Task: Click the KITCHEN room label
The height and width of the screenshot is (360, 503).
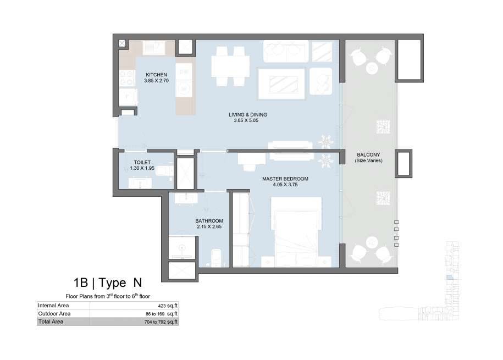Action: click(156, 75)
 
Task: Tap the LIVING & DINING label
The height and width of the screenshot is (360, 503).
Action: click(247, 114)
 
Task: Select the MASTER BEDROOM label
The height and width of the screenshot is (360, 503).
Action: click(285, 179)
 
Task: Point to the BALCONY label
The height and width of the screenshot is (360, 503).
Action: click(368, 154)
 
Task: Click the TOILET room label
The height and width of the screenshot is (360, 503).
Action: click(142, 162)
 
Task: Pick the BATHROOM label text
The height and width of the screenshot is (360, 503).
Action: click(209, 221)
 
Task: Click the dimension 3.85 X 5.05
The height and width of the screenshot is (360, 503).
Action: click(246, 120)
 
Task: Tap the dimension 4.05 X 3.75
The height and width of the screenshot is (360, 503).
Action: click(285, 185)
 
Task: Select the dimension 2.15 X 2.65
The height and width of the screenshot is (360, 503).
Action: click(209, 226)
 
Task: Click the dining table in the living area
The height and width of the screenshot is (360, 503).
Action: click(230, 66)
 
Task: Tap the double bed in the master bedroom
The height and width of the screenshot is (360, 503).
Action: click(296, 232)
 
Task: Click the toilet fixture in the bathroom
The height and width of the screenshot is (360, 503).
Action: click(216, 258)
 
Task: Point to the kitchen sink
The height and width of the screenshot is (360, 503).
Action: click(154, 48)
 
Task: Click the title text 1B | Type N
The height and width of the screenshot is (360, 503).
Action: click(107, 283)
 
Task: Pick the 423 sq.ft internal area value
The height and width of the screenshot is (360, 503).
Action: click(168, 306)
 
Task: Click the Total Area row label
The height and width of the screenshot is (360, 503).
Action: click(51, 322)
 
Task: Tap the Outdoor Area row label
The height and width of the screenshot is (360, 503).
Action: click(54, 313)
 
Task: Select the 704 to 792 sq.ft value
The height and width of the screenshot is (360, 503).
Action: click(161, 322)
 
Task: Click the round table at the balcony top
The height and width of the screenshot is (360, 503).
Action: click(372, 68)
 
